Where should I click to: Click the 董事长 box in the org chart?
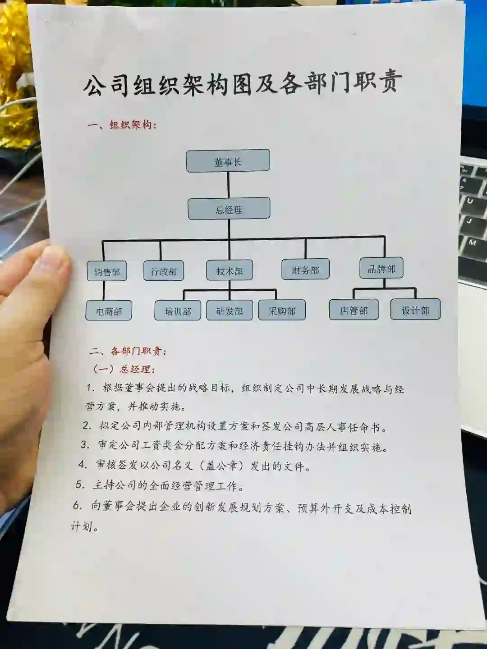(228, 161)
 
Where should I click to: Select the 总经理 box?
(229, 209)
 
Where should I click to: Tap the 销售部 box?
(107, 271)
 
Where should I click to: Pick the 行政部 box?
(164, 271)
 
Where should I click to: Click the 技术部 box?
(230, 270)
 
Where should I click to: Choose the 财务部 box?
(305, 270)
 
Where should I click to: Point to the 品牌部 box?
(381, 269)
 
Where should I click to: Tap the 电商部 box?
(109, 311)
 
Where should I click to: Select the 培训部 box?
(178, 311)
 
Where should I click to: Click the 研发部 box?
(230, 311)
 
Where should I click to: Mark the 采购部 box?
(282, 310)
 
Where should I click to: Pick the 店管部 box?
(354, 310)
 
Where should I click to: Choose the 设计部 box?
(415, 309)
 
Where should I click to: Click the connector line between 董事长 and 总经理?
(229, 185)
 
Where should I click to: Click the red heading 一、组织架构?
(123, 124)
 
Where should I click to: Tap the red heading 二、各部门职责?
(129, 351)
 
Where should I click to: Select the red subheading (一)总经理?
(124, 369)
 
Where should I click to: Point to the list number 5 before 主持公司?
(80, 485)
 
